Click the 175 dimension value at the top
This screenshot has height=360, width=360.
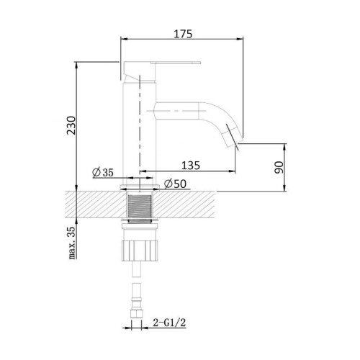coord(183,34)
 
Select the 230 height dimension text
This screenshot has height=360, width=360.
coord(71,125)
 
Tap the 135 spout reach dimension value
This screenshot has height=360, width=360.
coord(191,166)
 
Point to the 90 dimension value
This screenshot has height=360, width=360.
coord(279,167)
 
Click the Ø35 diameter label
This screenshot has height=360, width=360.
coord(103,172)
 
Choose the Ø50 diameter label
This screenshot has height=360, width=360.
coord(175,184)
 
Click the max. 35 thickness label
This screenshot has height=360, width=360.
coord(72,243)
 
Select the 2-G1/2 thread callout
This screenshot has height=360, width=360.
coord(169,323)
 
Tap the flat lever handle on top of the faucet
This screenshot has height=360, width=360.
coord(176,63)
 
